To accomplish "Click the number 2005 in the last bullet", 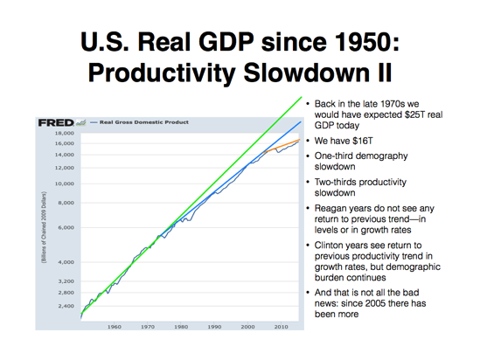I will pyautogui.click(x=386, y=301).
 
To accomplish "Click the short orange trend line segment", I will pyautogui.click(x=288, y=144).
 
